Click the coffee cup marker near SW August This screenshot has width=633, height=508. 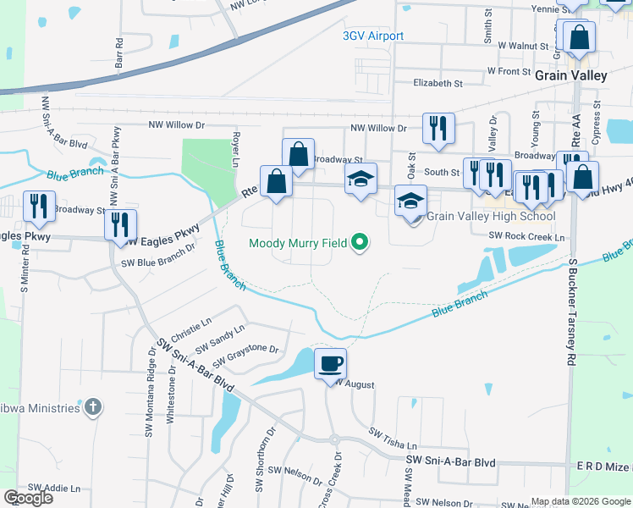pyautogui.click(x=330, y=365)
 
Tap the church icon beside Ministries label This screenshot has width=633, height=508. pyautogui.click(x=94, y=408)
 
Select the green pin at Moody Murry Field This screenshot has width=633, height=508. pyautogui.click(x=361, y=243)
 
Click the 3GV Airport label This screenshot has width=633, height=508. pyautogui.click(x=373, y=36)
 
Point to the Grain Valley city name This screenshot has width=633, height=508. pyautogui.click(x=571, y=75)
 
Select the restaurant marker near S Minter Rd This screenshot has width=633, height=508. pyautogui.click(x=38, y=207)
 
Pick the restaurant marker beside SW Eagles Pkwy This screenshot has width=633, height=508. pyautogui.click(x=119, y=225)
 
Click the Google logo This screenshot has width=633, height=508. pyautogui.click(x=28, y=497)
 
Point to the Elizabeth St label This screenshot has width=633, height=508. pyautogui.click(x=438, y=84)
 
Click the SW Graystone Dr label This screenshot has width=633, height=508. pyautogui.click(x=245, y=355)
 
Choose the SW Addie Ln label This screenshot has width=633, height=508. pyautogui.click(x=54, y=489)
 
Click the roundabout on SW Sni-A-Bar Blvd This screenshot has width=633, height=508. pyautogui.click(x=334, y=439)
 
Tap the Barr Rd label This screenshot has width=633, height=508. pyautogui.click(x=119, y=52)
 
